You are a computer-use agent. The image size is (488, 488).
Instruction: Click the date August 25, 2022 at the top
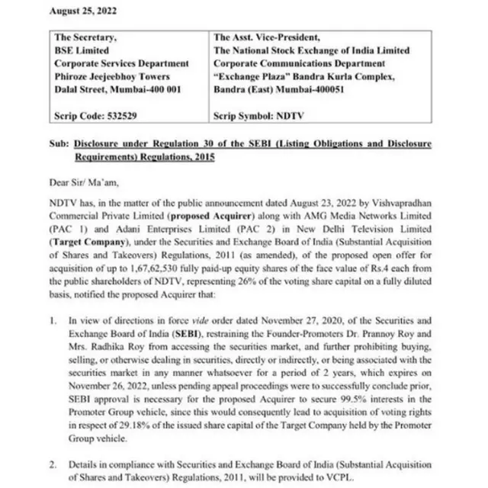(82, 11)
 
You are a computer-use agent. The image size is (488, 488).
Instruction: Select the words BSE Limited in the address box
(82, 50)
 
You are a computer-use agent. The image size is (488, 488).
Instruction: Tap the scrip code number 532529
(123, 117)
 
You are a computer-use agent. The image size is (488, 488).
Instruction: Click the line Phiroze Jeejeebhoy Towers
(112, 76)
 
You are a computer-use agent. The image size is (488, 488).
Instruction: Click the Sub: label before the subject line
(60, 143)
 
